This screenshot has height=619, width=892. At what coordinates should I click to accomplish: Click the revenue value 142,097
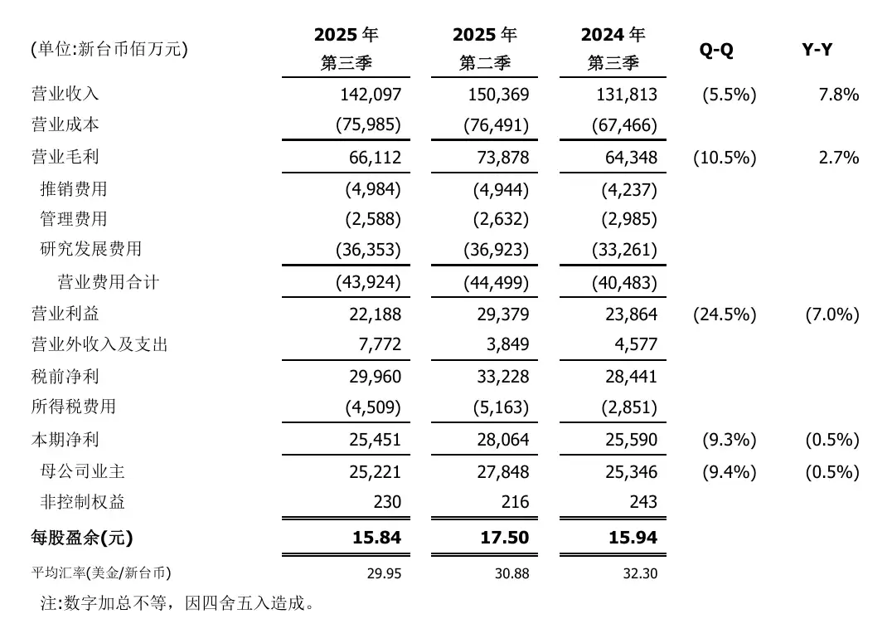(370, 94)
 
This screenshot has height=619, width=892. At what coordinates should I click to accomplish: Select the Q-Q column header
(716, 50)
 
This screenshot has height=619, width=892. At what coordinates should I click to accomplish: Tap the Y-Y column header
(817, 50)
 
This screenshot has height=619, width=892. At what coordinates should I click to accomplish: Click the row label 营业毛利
(65, 158)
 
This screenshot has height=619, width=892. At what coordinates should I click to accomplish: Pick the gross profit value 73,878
(500, 158)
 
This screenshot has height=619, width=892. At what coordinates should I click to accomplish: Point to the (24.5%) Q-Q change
(724, 314)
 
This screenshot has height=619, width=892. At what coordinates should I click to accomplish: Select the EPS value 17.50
(504, 538)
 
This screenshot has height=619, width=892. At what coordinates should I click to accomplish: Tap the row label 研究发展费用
(91, 249)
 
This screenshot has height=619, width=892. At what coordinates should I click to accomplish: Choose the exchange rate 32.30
(641, 573)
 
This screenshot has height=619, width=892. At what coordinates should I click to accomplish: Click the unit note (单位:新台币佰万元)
(109, 50)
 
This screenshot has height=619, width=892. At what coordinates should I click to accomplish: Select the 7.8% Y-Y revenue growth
(838, 94)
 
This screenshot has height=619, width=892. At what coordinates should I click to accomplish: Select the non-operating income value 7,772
(379, 344)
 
